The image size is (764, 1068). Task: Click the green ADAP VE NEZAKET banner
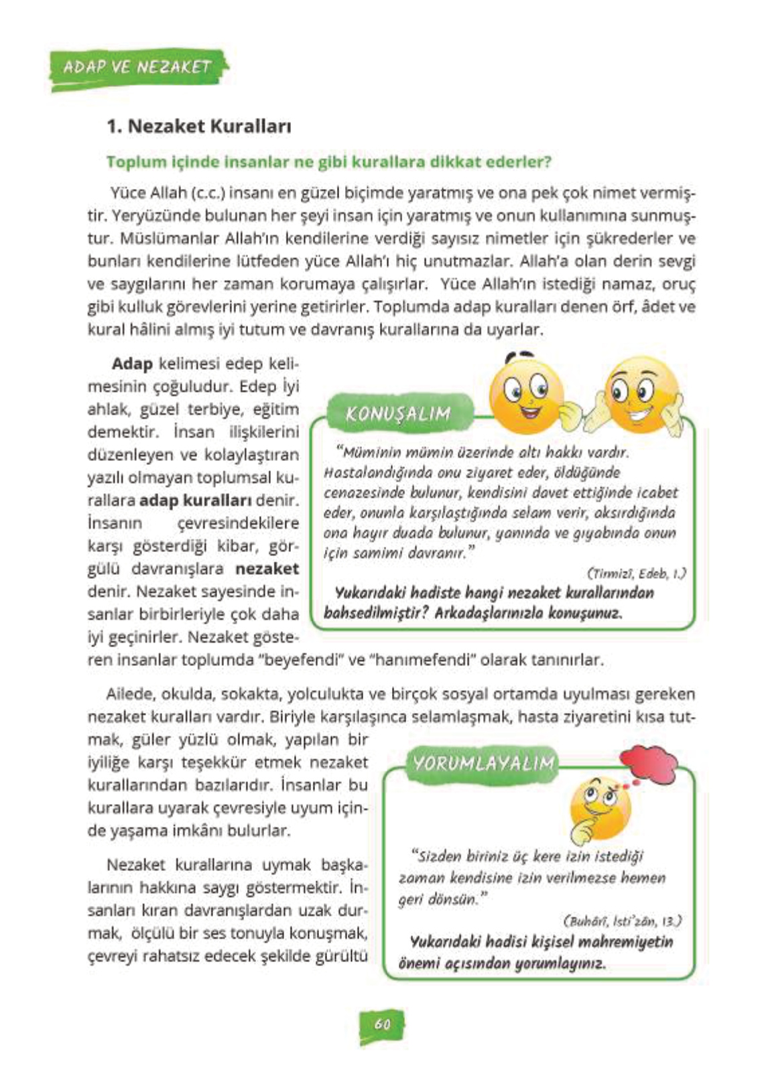click(137, 68)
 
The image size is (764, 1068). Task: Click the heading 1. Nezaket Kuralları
click(199, 126)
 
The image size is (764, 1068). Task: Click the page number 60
click(382, 1024)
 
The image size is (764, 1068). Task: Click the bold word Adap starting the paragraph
click(132, 364)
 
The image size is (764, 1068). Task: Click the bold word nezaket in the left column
click(267, 569)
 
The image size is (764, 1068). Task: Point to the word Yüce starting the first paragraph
click(128, 194)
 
